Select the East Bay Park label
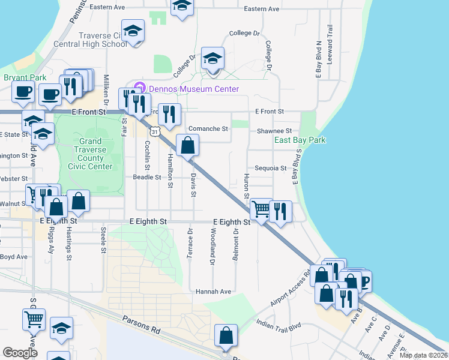click(x=300, y=140)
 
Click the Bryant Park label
click(x=25, y=77)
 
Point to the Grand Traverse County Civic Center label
click(x=89, y=154)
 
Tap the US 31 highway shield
click(x=155, y=131)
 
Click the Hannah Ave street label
click(x=213, y=292)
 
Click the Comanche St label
click(x=208, y=129)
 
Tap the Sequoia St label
click(x=270, y=169)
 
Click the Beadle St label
click(x=147, y=178)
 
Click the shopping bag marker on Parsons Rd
click(x=226, y=336)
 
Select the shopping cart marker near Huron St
click(x=261, y=210)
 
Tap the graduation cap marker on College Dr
click(x=212, y=59)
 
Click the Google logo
click(x=20, y=352)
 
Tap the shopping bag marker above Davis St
click(x=187, y=145)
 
